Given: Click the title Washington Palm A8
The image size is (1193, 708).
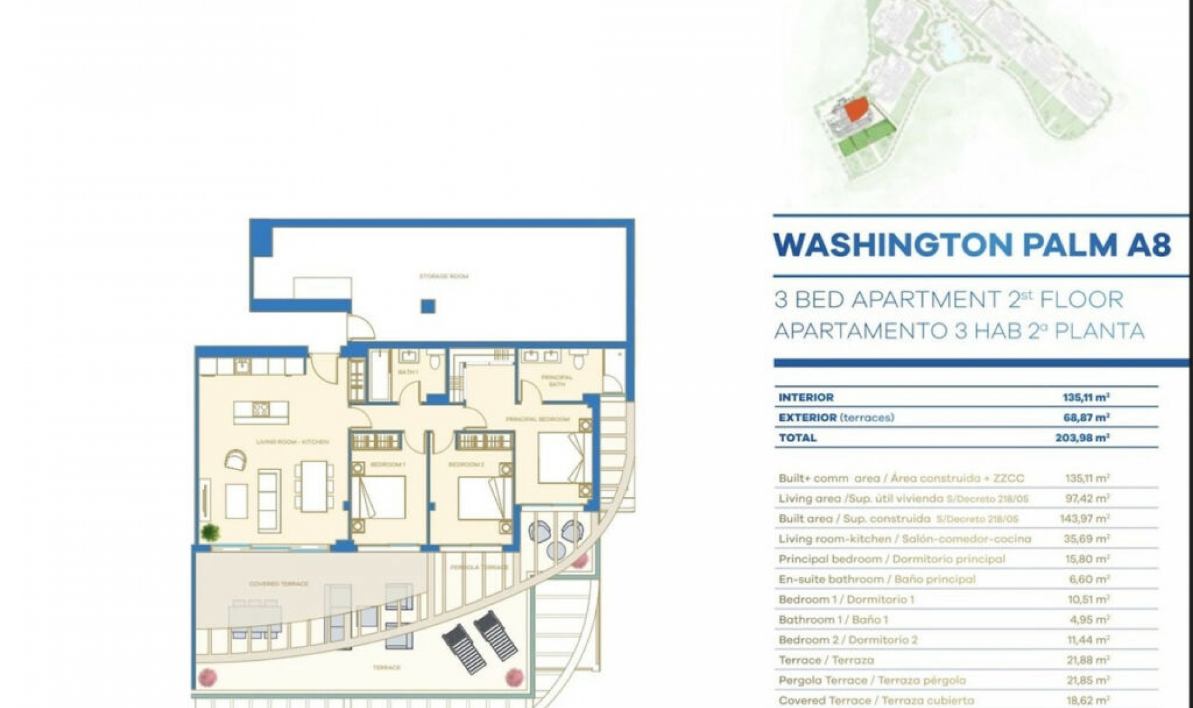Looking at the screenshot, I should [972, 245].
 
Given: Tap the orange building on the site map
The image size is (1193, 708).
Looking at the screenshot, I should [857, 110].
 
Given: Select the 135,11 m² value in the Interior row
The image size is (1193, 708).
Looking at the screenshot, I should [1086, 397].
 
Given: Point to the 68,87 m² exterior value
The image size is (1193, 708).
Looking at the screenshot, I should [1086, 418].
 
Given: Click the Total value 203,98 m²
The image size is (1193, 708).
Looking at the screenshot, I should [1082, 438].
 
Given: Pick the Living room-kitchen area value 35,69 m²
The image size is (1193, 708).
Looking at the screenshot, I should [1086, 539].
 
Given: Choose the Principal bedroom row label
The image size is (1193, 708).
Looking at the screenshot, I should [891, 559].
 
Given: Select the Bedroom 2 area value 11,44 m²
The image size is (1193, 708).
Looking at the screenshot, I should [1086, 640].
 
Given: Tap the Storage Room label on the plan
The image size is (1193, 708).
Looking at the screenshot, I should [444, 276].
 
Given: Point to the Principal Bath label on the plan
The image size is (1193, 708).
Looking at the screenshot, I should [557, 381].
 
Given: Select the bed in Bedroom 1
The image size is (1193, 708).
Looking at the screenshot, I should [379, 496].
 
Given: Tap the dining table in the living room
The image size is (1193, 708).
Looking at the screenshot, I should [314, 486].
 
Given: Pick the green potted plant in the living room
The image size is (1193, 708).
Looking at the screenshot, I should [210, 532].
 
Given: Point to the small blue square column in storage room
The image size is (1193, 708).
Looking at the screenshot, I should [427, 306].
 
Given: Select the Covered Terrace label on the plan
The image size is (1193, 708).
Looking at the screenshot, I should [278, 584].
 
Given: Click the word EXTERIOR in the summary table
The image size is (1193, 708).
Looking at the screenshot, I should [807, 418].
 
